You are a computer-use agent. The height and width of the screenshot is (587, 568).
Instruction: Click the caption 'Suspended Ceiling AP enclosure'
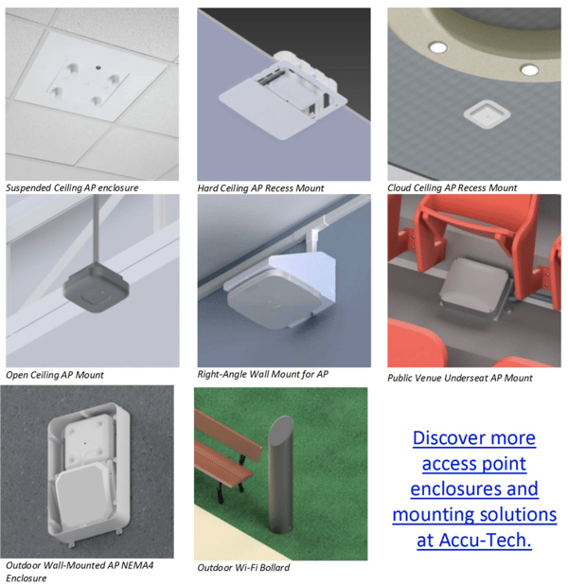pos(72,187)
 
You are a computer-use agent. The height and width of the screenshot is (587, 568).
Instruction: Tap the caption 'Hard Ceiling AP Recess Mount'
pos(260,187)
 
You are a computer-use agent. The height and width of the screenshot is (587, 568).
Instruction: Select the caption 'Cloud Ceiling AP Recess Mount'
pos(452,187)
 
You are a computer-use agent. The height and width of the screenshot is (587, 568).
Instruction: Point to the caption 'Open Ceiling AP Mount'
pos(55,375)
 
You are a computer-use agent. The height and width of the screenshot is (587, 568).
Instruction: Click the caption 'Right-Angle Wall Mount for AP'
pos(263,374)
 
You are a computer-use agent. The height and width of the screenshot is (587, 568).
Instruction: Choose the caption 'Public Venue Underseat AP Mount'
pos(460,378)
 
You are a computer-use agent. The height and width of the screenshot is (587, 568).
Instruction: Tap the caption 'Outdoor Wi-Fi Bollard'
pos(243,567)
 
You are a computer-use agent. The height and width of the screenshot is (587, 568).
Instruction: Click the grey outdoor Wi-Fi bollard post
pos(281,474)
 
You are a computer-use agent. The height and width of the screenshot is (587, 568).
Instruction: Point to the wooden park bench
pos(227,449)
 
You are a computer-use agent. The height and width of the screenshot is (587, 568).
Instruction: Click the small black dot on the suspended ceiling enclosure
pos(98,68)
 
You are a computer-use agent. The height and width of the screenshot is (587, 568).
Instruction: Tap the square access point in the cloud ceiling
pos(487,115)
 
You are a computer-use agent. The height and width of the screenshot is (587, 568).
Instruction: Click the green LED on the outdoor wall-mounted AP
pos(85,443)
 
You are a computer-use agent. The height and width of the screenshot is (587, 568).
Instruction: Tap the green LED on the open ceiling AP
pos(102,292)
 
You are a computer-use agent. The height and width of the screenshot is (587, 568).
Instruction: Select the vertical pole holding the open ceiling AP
pos(97,228)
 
